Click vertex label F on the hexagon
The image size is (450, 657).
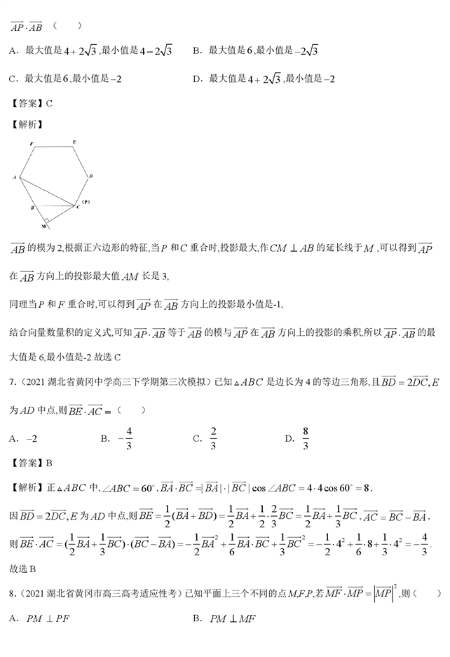tap(32, 143)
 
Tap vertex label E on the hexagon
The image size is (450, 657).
tap(74, 142)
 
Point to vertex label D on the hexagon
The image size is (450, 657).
tap(91, 176)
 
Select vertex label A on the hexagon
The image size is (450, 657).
tap(15, 178)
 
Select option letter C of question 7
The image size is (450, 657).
tap(197, 440)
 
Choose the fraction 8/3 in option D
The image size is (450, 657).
tap(306, 439)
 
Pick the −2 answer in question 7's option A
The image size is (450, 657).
tap(32, 440)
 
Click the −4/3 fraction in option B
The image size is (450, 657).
tap(126, 439)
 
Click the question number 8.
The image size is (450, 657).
tap(12, 595)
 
